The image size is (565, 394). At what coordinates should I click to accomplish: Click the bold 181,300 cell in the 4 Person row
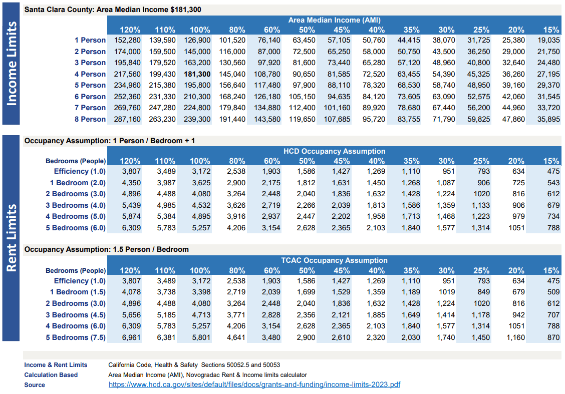pyautogui.click(x=197, y=74)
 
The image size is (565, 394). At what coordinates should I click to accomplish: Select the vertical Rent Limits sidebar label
pyautogui.click(x=11, y=237)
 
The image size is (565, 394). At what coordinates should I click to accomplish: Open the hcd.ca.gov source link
pyautogui.click(x=254, y=385)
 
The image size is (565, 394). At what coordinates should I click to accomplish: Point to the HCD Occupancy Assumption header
pyautogui.click(x=334, y=151)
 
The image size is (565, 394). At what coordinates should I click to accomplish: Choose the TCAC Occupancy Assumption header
pyautogui.click(x=334, y=260)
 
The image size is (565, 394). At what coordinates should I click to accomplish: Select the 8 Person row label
pyautogui.click(x=90, y=119)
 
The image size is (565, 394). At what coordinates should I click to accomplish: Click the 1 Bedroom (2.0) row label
pyautogui.click(x=78, y=183)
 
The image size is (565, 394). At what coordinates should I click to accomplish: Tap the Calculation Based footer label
pyautogui.click(x=51, y=375)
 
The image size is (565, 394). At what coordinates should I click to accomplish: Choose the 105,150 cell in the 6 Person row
pyautogui.click(x=303, y=97)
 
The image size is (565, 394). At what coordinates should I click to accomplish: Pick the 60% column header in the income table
pyautogui.click(x=272, y=30)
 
